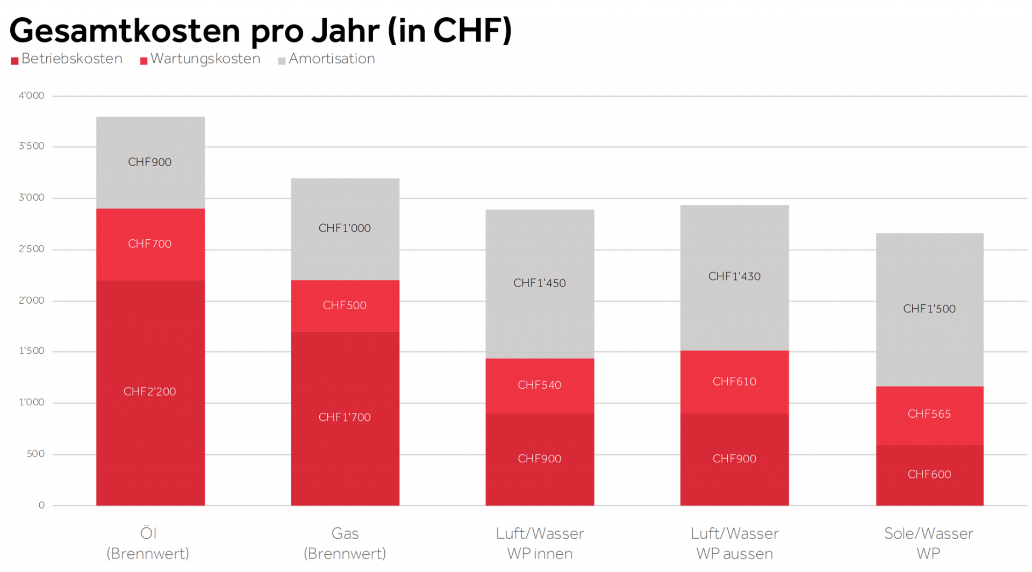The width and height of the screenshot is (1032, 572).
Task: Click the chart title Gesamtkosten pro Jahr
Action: [x=260, y=30]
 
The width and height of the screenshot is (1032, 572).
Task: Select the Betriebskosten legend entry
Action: [x=67, y=59]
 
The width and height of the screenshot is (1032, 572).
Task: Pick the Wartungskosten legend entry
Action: [x=200, y=59]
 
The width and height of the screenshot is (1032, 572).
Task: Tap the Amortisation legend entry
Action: [x=326, y=59]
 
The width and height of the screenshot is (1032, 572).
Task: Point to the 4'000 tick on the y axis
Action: [x=32, y=96]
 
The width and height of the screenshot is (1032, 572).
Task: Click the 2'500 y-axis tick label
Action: [x=32, y=249]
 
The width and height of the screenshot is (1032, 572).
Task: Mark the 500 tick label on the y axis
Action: [x=35, y=454]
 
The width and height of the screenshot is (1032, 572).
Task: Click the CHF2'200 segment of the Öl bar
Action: [x=150, y=392]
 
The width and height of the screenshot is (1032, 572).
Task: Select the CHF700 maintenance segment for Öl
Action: [x=150, y=244]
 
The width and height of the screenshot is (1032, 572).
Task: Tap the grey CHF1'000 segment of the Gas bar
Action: [x=345, y=228]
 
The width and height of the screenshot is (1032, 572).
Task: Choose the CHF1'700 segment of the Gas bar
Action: [x=345, y=418]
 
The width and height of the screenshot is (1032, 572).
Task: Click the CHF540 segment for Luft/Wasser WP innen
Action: [x=540, y=385]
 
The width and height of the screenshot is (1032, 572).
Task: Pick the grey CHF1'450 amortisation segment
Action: [x=540, y=283]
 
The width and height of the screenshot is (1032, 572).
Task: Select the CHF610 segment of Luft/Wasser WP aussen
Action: [x=734, y=382]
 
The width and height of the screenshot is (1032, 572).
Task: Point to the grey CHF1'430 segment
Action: [x=734, y=277]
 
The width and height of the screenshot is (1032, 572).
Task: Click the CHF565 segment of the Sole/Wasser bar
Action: [x=929, y=414]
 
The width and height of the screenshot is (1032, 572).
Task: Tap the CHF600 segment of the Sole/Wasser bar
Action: [x=929, y=475]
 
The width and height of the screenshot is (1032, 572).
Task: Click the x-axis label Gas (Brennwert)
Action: [x=345, y=543]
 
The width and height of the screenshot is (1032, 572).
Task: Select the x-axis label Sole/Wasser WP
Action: [x=929, y=543]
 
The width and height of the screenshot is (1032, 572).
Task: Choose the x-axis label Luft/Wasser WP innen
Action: [x=540, y=543]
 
